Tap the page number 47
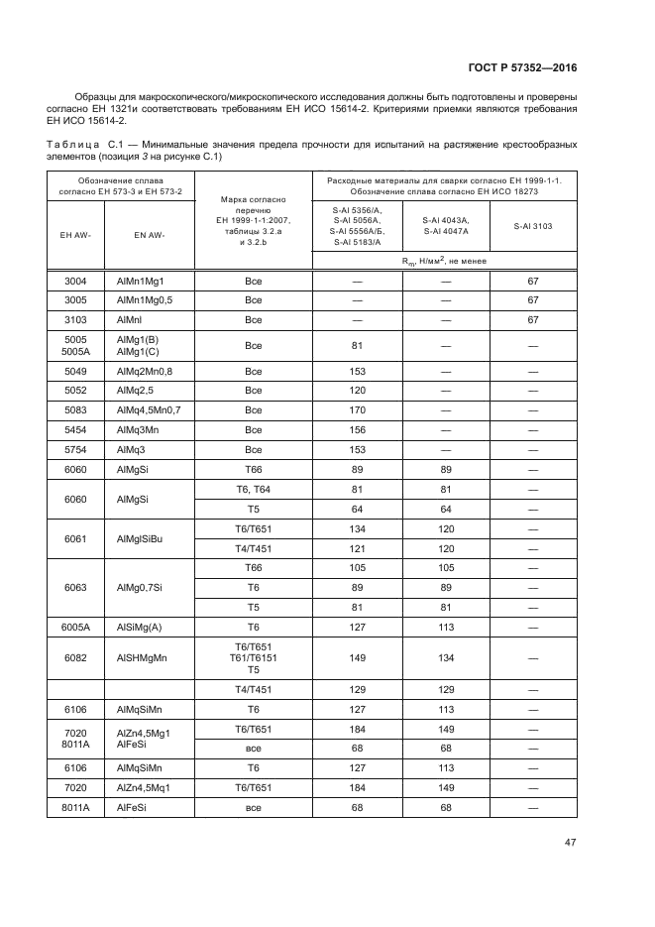(x=570, y=842)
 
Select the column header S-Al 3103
(x=532, y=226)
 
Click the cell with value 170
(x=358, y=409)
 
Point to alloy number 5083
(x=76, y=409)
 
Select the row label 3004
(x=76, y=281)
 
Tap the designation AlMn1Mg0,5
(x=145, y=299)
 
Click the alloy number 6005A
(x=76, y=626)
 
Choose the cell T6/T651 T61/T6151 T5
(x=253, y=657)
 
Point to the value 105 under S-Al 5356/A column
(x=358, y=568)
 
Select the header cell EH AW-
(x=76, y=235)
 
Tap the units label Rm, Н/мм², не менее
(x=445, y=261)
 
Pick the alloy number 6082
(x=76, y=657)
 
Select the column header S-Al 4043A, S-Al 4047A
(x=445, y=226)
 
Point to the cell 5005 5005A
(x=76, y=345)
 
